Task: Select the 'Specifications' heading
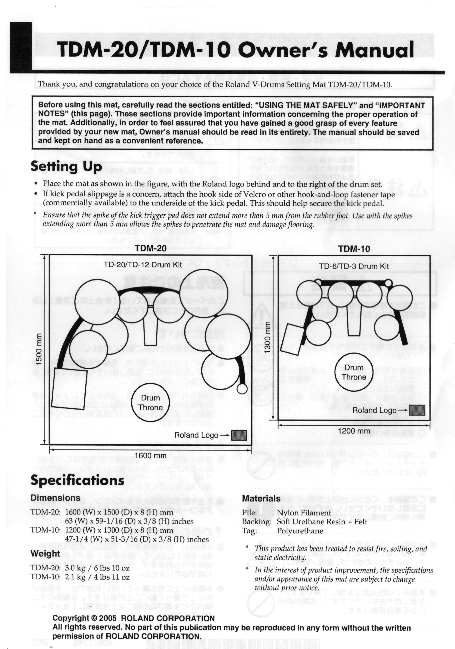click(77, 480)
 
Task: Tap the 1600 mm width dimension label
click(150, 455)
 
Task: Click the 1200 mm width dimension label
click(354, 431)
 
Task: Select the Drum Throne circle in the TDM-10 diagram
click(354, 372)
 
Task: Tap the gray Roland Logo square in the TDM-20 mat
click(239, 435)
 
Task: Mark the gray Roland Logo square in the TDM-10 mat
click(417, 410)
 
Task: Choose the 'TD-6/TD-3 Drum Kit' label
click(354, 266)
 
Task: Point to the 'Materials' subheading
click(261, 499)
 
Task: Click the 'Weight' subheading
click(45, 553)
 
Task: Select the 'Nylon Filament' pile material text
click(304, 513)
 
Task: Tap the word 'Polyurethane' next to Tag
click(300, 531)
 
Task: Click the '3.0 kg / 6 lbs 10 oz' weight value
click(97, 568)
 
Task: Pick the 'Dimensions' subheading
click(56, 498)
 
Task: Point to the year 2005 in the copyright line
click(108, 618)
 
